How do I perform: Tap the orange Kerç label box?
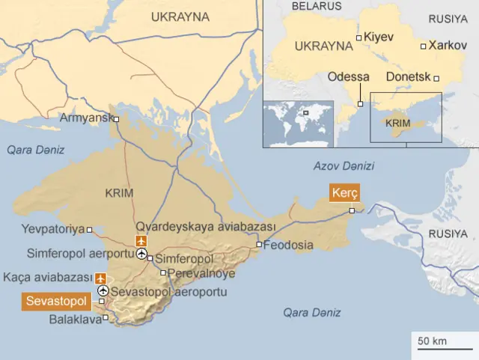(x=344, y=193)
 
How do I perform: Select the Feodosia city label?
(x=289, y=245)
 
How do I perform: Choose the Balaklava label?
(x=75, y=320)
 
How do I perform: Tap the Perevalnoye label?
(x=202, y=273)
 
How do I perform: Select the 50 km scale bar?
(x=441, y=343)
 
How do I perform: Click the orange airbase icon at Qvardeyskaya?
(x=141, y=240)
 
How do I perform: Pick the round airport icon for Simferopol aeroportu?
(x=141, y=254)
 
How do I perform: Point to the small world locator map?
(x=296, y=123)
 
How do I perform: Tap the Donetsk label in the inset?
(x=409, y=77)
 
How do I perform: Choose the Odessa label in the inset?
(x=349, y=77)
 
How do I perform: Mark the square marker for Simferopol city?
(x=150, y=259)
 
